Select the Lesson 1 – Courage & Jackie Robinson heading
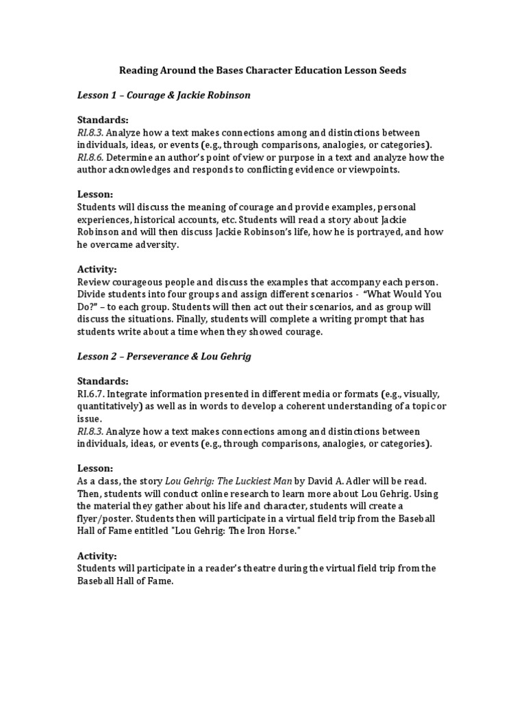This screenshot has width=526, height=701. click(x=164, y=95)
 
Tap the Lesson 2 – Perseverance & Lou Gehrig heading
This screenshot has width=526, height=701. click(x=164, y=357)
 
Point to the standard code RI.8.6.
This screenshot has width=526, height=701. click(x=90, y=157)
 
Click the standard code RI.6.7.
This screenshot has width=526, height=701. click(x=90, y=394)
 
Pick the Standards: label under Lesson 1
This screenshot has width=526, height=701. click(x=103, y=120)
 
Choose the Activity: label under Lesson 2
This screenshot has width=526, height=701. click(x=97, y=555)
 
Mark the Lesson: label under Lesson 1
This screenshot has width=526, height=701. click(x=95, y=194)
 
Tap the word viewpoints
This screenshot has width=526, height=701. click(x=375, y=170)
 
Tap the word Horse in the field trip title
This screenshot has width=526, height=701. click(x=280, y=531)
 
